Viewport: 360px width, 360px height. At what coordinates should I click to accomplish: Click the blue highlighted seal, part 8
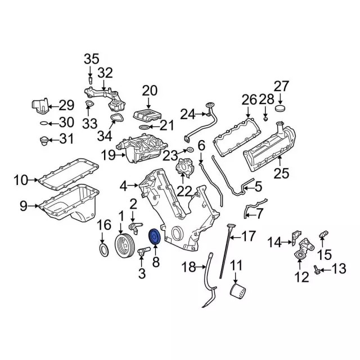tap(154, 237)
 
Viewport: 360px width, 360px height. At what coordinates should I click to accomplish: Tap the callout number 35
tap(91, 59)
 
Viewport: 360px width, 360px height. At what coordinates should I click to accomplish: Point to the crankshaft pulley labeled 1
tap(124, 246)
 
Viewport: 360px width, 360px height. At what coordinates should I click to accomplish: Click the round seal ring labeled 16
tap(105, 249)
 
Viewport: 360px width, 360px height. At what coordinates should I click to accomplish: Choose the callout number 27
tap(281, 86)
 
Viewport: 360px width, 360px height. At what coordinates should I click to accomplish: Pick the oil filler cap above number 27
tap(282, 109)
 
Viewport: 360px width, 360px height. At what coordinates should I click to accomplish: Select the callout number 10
tap(20, 181)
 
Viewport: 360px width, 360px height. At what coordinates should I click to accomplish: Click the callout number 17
tap(249, 235)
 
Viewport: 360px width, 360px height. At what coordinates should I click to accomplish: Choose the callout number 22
tap(184, 191)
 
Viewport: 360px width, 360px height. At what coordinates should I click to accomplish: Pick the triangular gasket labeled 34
tap(116, 119)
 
